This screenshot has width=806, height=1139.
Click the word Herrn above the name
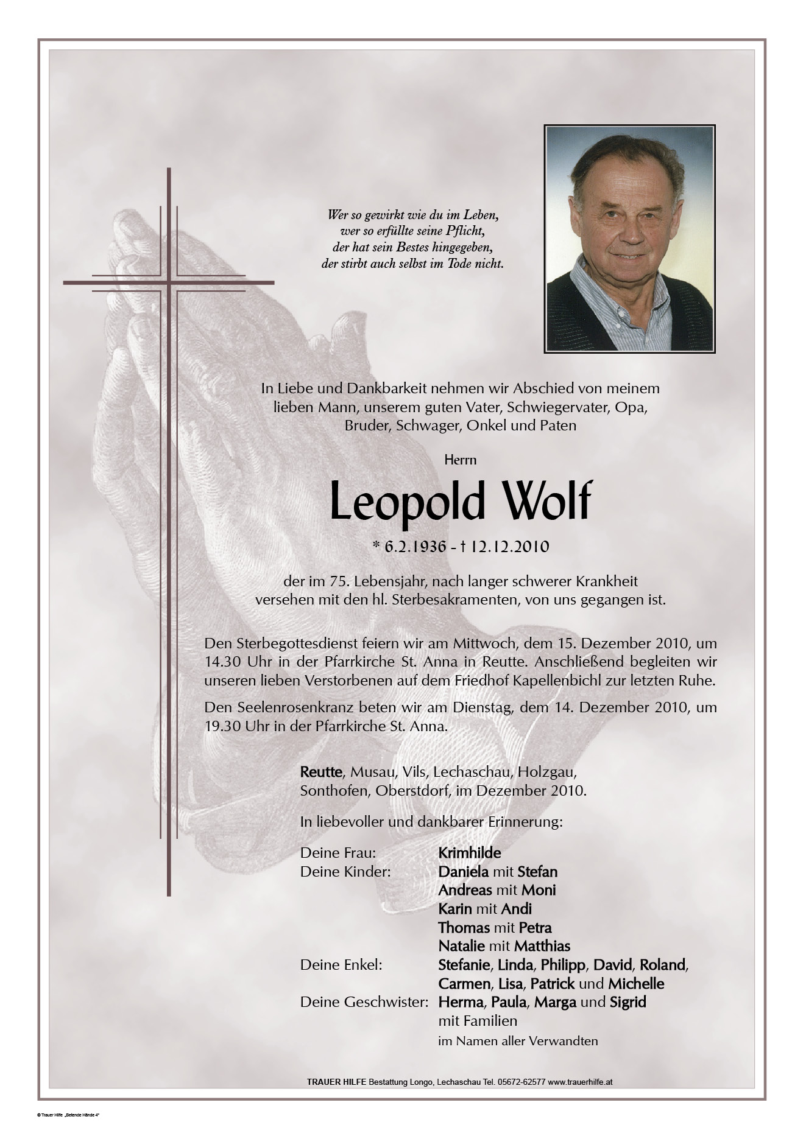[460, 460]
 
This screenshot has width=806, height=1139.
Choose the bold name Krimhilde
[469, 853]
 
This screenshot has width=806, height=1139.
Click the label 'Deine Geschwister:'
[364, 1002]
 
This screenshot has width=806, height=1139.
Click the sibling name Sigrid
[627, 1002]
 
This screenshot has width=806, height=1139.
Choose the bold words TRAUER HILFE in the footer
[336, 1082]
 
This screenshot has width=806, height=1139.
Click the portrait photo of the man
[629, 239]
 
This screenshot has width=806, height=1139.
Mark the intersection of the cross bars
[169, 282]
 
